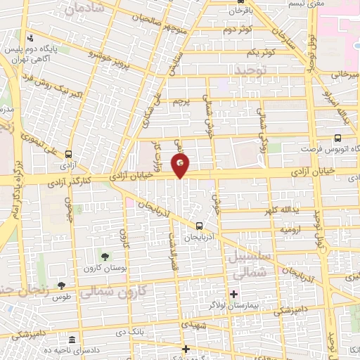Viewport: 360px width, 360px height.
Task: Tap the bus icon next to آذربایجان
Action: (199, 226)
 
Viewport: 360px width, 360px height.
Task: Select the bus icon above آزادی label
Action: (68, 155)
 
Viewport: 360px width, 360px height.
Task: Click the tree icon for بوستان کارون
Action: (105, 257)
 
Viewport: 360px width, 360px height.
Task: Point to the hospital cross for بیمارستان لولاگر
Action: (233, 292)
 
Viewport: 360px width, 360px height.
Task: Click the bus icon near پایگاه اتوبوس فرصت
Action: (338, 138)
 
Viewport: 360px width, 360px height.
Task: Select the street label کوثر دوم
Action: (239, 30)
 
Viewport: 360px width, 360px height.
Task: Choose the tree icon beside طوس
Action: (61, 285)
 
